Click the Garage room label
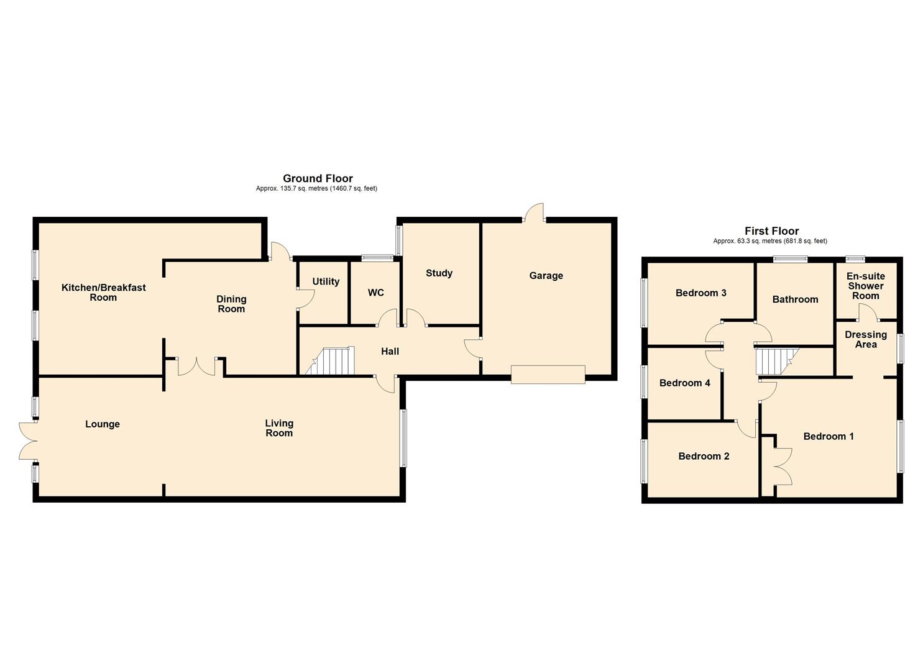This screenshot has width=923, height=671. point(546,275)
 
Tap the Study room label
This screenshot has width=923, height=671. point(439,273)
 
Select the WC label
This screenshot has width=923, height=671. point(375,292)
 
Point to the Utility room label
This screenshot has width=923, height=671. point(326,281)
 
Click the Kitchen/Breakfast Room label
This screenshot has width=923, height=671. point(103,292)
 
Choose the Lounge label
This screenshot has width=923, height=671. point(103,424)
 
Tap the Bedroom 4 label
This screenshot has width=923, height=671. point(684,383)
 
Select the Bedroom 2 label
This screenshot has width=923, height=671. point(704,456)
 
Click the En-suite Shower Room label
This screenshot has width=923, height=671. point(865,286)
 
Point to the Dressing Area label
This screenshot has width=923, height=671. point(865,339)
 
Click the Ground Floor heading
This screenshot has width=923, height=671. point(318,178)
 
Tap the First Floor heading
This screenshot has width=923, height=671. point(771,231)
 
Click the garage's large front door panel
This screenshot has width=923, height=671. point(548,375)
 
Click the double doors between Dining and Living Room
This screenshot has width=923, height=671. point(196,367)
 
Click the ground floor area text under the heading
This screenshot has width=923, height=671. point(316,189)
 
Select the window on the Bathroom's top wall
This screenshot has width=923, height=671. point(790,259)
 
